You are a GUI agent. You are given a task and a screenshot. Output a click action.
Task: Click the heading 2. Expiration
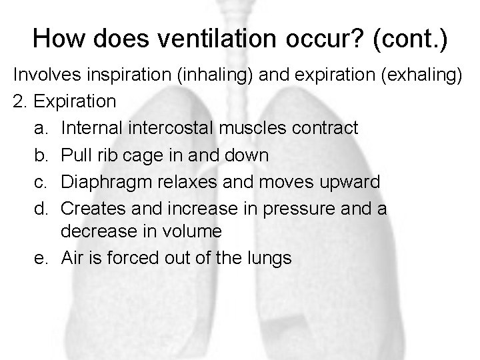[64, 103]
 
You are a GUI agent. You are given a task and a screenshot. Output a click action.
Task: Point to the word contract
[330, 126]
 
